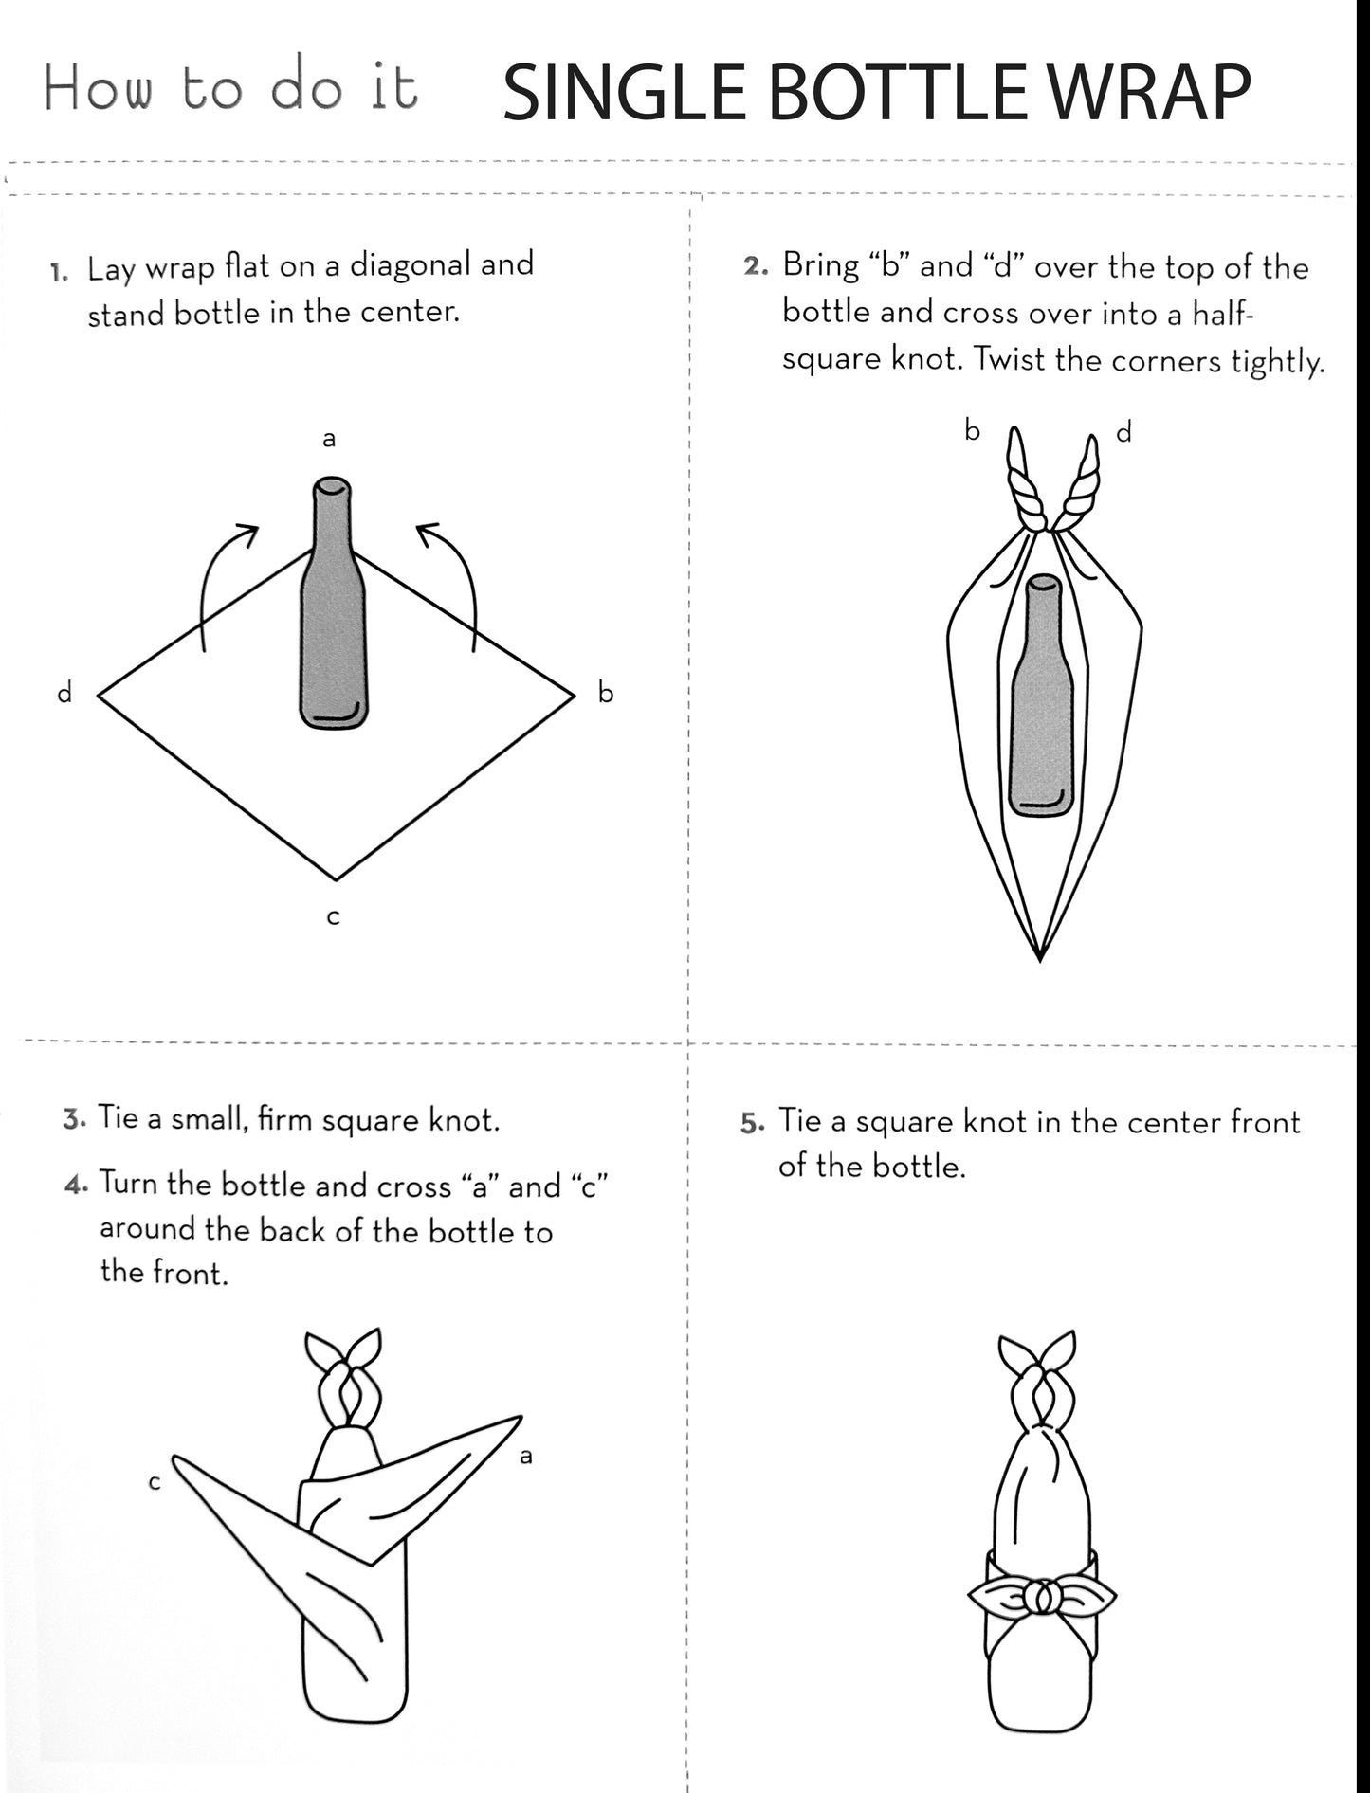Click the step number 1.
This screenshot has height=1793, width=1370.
pos(59,274)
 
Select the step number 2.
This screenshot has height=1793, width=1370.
pos(755,267)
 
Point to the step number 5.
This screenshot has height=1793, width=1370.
pos(752,1124)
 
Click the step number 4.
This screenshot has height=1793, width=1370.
pos(76,1185)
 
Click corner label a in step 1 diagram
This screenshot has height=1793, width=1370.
pos(329,439)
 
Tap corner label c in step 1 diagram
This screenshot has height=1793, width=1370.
pos(333,917)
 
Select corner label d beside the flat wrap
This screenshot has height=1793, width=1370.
pos(64,693)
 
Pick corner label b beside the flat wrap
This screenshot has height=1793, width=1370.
pos(606,693)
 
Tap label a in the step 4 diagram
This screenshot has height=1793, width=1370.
pos(526,1456)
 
